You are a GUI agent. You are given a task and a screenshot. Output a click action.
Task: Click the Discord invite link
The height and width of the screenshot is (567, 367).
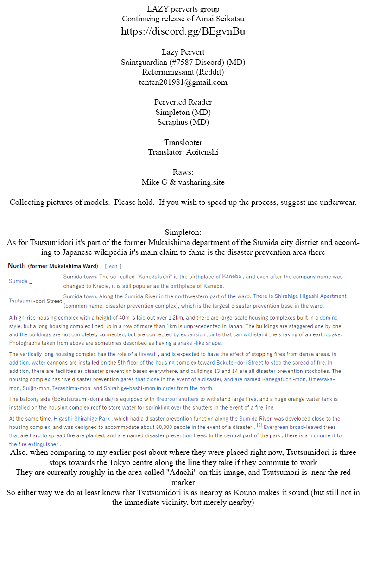coord(183,31)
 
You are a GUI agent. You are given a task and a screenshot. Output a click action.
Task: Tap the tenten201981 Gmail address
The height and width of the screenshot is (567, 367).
coord(183,82)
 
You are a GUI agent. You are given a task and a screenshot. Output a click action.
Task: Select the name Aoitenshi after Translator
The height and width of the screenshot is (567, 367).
coord(201,152)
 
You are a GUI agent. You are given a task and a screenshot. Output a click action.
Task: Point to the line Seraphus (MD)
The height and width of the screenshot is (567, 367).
coord(183,122)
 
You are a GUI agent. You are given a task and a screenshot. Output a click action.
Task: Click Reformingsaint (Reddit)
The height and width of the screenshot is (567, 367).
coord(183,72)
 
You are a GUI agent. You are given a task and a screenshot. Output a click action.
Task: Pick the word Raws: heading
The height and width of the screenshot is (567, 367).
coord(183,172)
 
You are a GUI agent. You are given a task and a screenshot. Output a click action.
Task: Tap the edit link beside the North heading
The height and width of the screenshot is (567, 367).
coord(113,266)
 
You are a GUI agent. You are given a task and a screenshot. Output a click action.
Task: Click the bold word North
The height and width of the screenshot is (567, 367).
coord(17,266)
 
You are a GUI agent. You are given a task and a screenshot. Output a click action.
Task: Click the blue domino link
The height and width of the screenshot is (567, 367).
coord(329,318)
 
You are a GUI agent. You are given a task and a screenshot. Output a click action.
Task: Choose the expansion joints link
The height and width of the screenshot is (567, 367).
coord(201,334)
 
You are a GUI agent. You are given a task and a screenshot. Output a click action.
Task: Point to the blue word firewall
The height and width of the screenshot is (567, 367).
coord(147,354)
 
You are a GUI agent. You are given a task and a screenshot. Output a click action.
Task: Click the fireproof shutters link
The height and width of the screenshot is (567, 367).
coord(177,399)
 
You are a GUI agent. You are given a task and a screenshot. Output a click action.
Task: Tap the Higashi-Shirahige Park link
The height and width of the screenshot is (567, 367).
coord(82,418)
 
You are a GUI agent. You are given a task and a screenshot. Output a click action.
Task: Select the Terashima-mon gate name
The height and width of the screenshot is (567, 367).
coord(71,388)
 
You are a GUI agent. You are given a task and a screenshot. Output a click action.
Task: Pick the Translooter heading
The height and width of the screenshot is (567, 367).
coord(183,142)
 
